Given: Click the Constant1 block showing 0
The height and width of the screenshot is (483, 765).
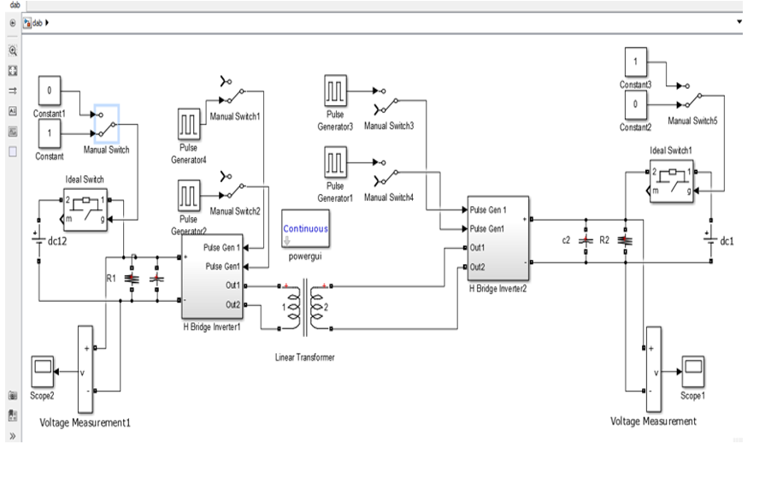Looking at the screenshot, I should pyautogui.click(x=50, y=90).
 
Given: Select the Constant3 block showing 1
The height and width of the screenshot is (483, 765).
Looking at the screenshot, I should pyautogui.click(x=635, y=62).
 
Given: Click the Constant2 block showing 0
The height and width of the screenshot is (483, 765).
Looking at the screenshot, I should pyautogui.click(x=635, y=103).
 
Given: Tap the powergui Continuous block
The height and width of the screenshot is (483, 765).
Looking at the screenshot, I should pyautogui.click(x=305, y=228).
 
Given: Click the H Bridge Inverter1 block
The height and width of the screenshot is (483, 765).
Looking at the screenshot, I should pyautogui.click(x=213, y=275).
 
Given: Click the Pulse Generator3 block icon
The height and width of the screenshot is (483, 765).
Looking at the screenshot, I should pyautogui.click(x=334, y=91).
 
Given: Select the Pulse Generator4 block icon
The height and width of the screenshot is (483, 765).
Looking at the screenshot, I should pyautogui.click(x=189, y=125).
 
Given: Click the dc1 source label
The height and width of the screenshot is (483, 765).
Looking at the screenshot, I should pyautogui.click(x=727, y=241).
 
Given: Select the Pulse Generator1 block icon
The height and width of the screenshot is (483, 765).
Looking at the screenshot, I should pyautogui.click(x=334, y=162).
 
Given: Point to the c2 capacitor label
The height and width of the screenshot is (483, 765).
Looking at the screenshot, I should pyautogui.click(x=566, y=240).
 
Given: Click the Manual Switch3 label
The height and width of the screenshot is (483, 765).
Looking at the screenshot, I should pyautogui.click(x=389, y=126).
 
